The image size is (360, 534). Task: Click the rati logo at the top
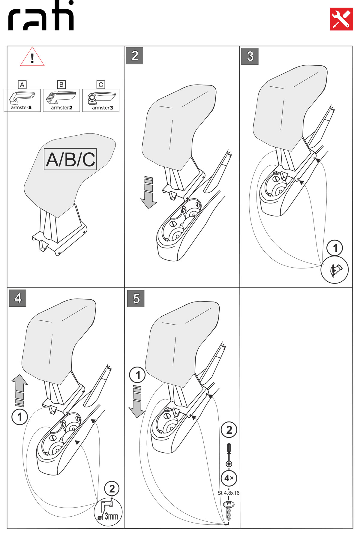click(x=41, y=16)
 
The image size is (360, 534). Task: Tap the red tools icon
click(x=341, y=19)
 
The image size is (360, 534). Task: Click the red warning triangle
click(x=32, y=57)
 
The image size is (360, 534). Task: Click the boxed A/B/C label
click(x=70, y=159)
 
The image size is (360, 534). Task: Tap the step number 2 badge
click(x=134, y=56)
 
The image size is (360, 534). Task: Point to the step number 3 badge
click(x=250, y=56)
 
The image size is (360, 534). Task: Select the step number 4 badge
click(x=18, y=298)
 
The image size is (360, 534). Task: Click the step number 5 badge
click(x=136, y=298)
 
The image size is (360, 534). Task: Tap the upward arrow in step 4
click(x=20, y=390)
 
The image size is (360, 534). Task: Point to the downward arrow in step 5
click(x=137, y=402)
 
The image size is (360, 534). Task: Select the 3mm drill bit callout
click(x=108, y=512)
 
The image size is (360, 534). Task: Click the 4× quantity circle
click(x=229, y=478)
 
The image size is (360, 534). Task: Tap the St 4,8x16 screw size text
click(x=228, y=493)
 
